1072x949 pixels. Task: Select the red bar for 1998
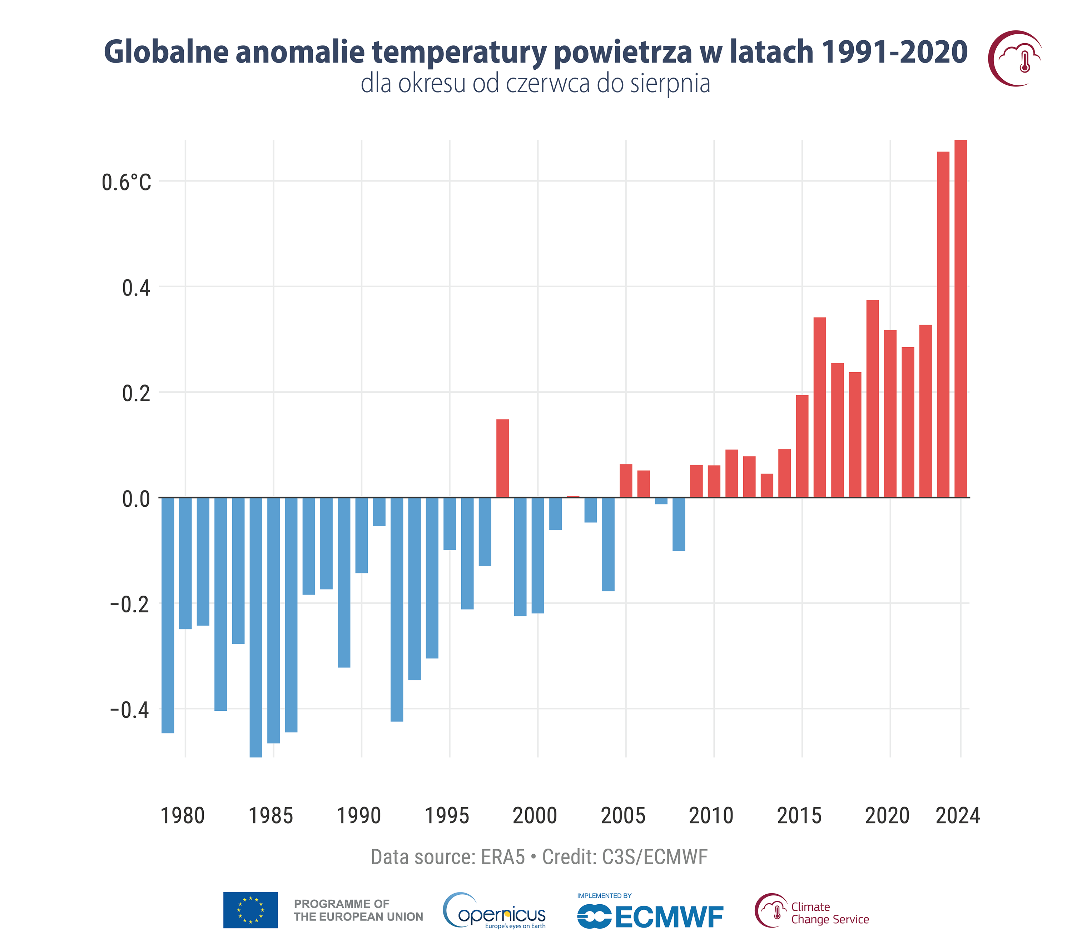pyautogui.click(x=502, y=458)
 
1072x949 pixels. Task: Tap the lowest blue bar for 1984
pyautogui.click(x=256, y=627)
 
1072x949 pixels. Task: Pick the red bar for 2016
pyautogui.click(x=820, y=407)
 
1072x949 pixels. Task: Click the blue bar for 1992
pyautogui.click(x=397, y=609)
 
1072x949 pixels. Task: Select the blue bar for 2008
pyautogui.click(x=679, y=524)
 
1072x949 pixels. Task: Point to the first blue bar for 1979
pyautogui.click(x=168, y=615)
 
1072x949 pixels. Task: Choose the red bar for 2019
pyautogui.click(x=873, y=398)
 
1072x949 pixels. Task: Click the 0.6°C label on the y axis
pyautogui.click(x=126, y=183)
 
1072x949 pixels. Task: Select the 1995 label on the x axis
pyautogui.click(x=447, y=816)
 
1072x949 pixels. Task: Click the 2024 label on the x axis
pyautogui.click(x=958, y=816)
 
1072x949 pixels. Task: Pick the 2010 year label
pyautogui.click(x=711, y=816)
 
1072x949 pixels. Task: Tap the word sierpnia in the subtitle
pyautogui.click(x=670, y=84)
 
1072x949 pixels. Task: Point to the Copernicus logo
pyautogui.click(x=495, y=911)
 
